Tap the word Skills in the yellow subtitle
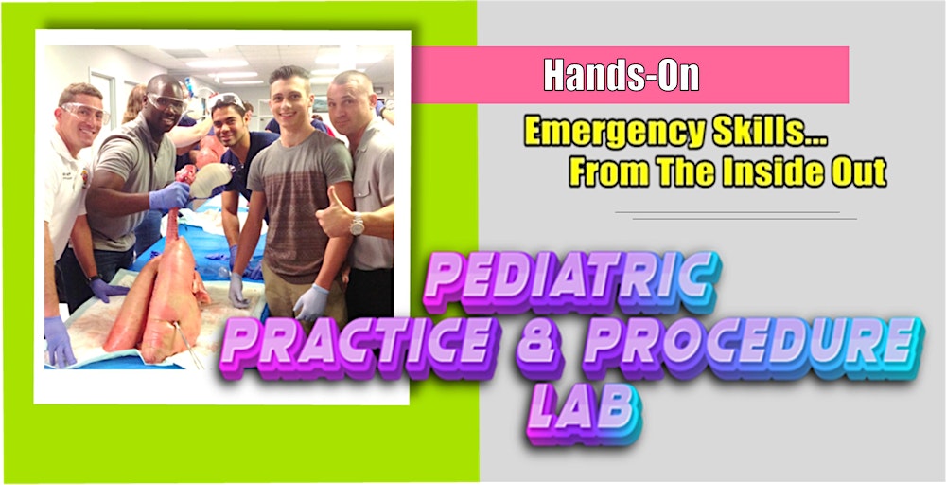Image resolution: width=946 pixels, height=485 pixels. tap(753, 133)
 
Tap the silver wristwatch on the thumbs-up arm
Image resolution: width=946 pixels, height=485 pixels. tap(357, 225)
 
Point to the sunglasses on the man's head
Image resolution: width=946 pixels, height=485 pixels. tap(227, 99)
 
